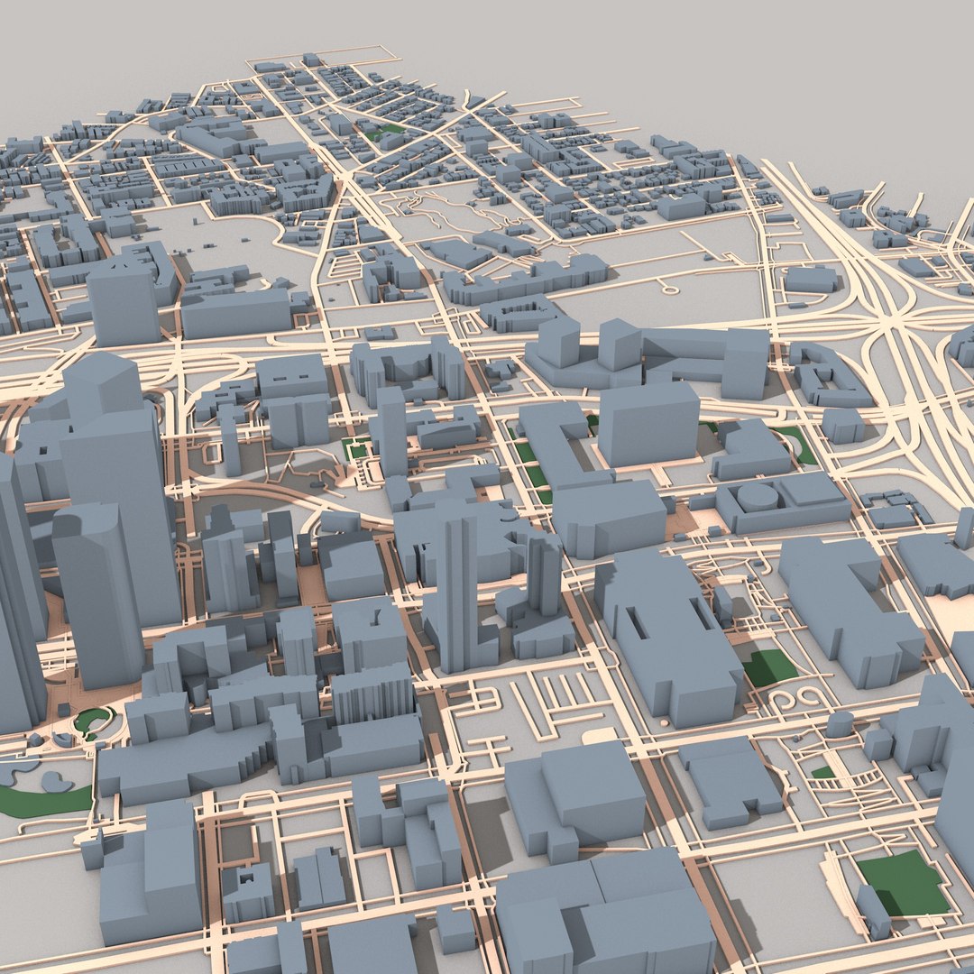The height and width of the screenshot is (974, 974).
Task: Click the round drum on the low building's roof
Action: click(x=758, y=496)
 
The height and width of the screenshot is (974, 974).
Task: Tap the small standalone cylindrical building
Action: click(x=840, y=723)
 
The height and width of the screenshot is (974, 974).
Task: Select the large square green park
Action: click(x=903, y=882)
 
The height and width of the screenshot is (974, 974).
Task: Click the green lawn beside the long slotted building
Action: click(x=769, y=666)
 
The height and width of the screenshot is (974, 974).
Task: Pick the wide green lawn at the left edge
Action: click(x=41, y=799)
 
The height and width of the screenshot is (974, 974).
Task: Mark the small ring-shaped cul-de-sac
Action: click(x=668, y=289)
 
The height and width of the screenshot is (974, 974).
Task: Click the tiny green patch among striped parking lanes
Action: click(x=822, y=772)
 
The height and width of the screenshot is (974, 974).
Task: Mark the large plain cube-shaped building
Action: click(x=648, y=424)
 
